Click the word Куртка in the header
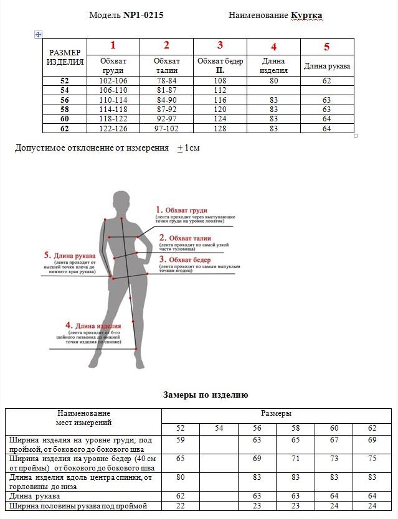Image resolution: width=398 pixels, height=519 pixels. point(306,15)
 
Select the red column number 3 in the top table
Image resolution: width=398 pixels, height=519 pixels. point(220,45)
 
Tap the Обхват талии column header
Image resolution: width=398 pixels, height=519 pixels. point(166,65)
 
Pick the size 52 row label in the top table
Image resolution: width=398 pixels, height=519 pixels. point(65,81)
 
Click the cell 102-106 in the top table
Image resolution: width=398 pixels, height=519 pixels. point(113,81)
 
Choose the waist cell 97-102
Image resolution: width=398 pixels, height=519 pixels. point(166,128)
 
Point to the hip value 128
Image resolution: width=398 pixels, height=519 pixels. point(220,128)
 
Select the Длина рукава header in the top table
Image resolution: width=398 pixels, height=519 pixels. point(327,66)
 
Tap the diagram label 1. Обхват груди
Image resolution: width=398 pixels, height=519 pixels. point(182,210)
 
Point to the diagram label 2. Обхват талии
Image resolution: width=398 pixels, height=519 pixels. point(185,238)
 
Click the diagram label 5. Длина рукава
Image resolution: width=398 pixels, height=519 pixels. point(70,256)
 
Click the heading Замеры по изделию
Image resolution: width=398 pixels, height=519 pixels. point(206,395)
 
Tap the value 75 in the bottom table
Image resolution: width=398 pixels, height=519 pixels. point(372,459)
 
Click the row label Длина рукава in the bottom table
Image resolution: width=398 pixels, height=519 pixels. point(35,496)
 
